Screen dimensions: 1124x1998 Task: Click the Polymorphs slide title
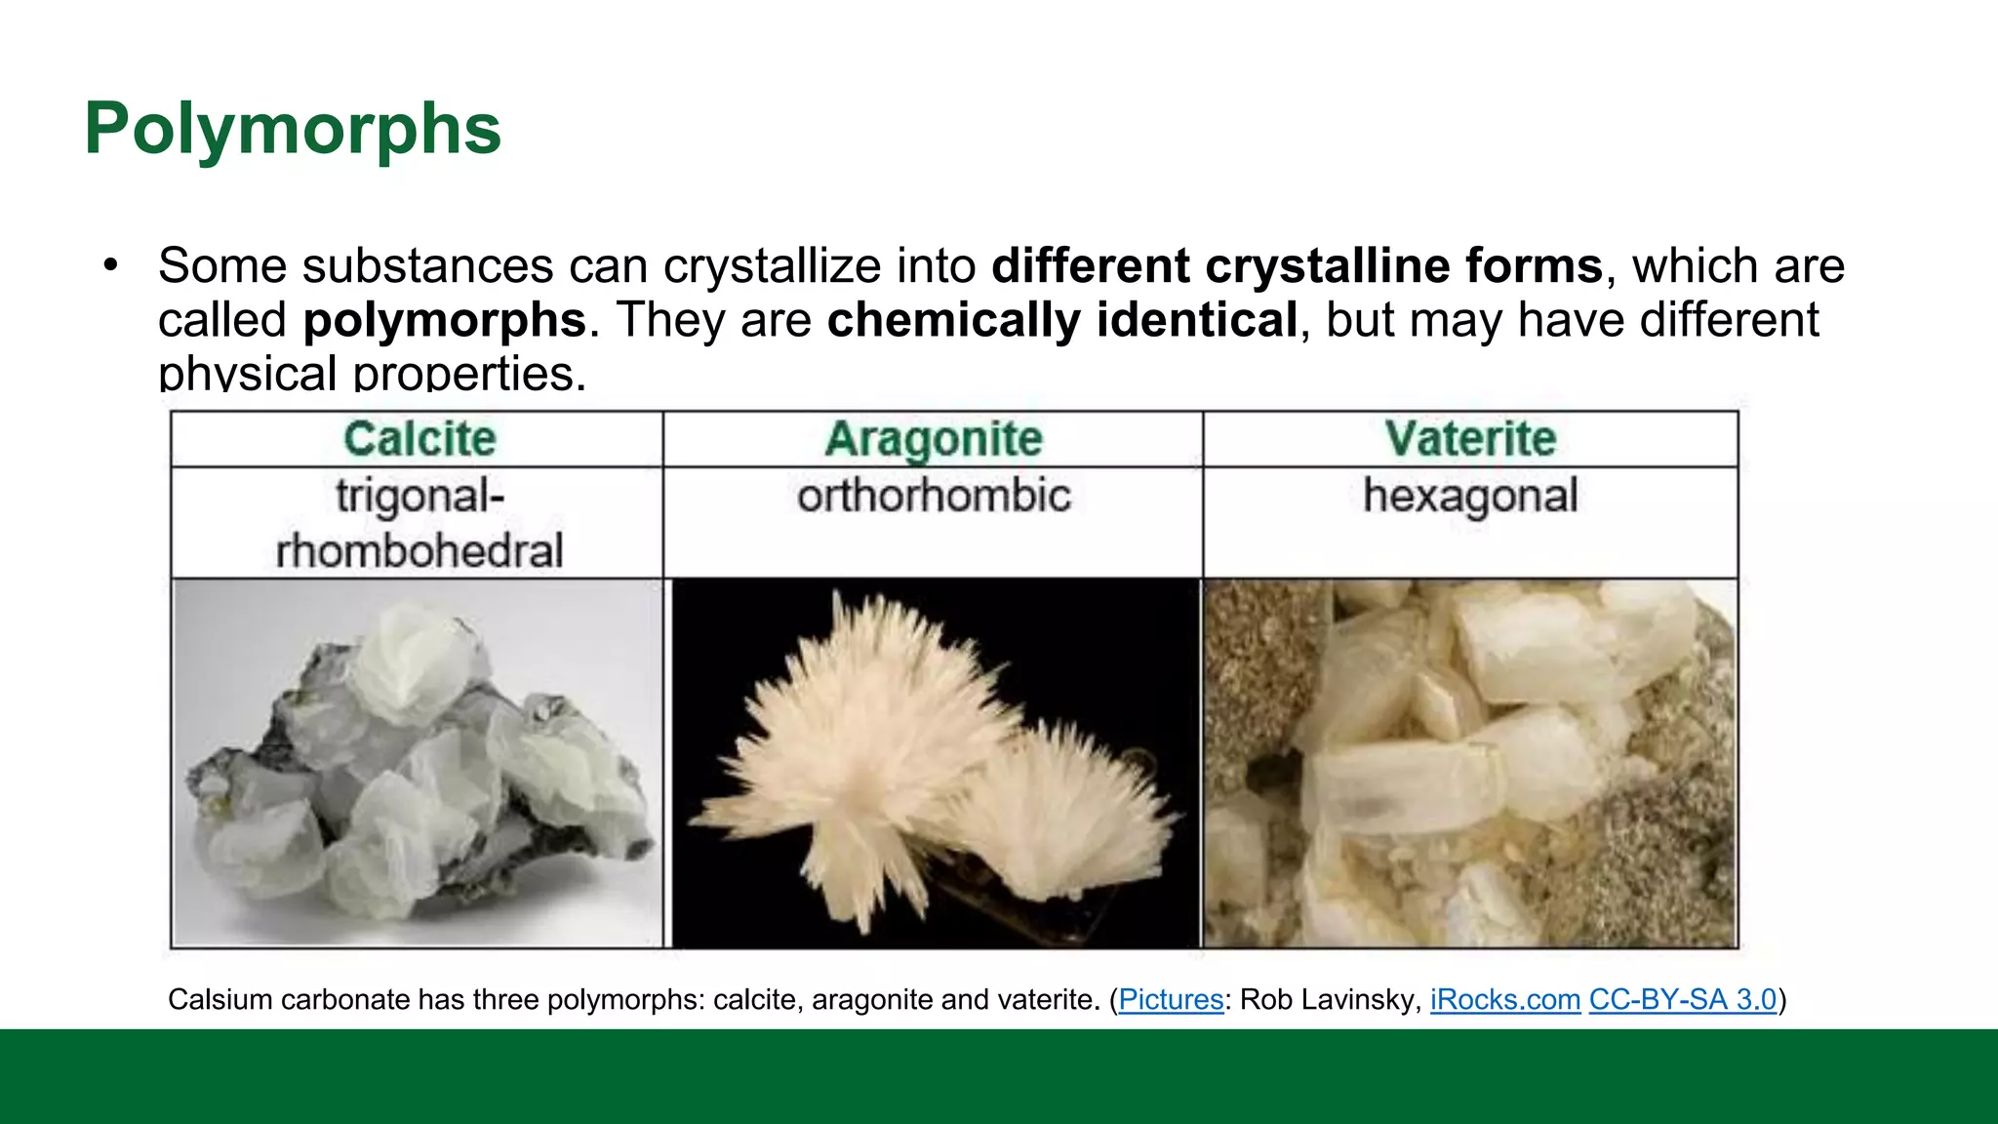coord(293,129)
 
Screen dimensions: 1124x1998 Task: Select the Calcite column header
coord(420,439)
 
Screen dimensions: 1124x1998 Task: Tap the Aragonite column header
coord(934,439)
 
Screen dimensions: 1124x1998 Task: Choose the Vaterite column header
coord(1470,439)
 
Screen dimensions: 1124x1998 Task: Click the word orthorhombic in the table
coord(934,496)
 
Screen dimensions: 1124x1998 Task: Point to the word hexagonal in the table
coord(1470,496)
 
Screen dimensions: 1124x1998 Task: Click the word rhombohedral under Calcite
coord(420,551)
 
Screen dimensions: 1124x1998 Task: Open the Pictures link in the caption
coord(1171,1000)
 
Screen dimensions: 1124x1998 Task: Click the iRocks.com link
coord(1504,1000)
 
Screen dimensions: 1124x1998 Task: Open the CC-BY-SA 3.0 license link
coord(1683,1000)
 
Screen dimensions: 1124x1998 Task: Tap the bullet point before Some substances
coord(110,265)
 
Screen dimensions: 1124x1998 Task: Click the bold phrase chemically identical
coord(1061,320)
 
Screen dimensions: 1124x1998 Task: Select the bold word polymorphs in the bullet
coord(444,320)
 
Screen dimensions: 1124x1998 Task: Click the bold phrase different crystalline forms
coord(1297,266)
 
